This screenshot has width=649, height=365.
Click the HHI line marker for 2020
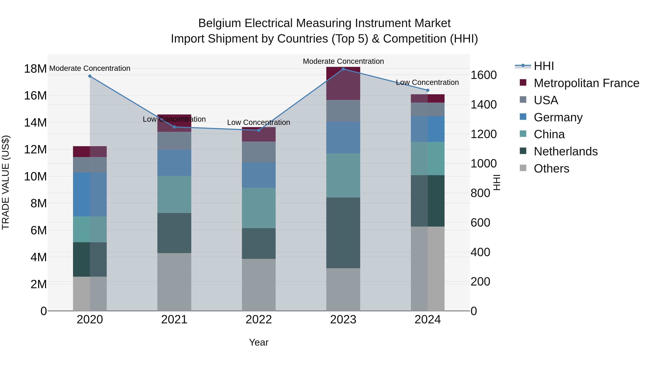90,76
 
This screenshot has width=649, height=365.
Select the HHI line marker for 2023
343,69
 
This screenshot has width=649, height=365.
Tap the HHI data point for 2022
259,130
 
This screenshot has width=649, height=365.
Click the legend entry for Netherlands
565,151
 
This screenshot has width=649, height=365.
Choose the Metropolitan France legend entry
586,83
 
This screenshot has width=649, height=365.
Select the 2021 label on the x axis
174,320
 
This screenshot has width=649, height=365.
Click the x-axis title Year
259,342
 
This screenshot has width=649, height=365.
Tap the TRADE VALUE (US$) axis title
6,182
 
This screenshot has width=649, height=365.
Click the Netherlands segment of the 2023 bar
343,233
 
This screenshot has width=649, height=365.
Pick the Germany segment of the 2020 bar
90,194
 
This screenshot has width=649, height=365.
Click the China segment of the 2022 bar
259,208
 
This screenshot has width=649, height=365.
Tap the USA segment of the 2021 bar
174,141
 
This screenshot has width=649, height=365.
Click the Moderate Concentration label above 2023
343,61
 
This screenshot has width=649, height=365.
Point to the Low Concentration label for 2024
427,82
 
